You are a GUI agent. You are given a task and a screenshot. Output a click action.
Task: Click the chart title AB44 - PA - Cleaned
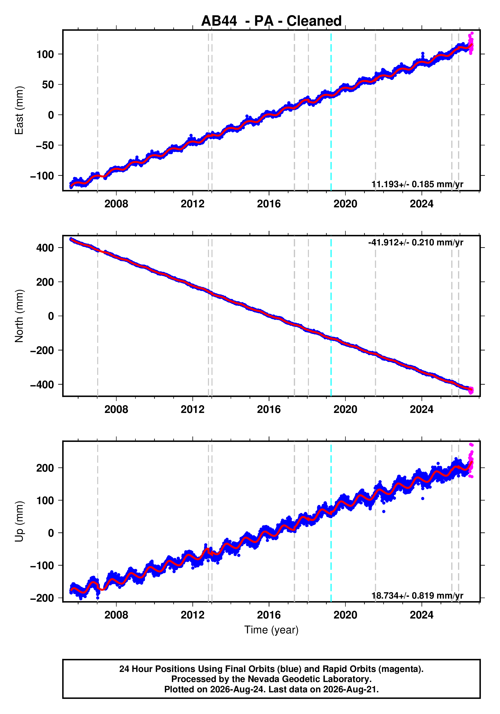(271, 21)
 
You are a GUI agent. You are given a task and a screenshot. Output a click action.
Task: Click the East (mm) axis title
(19, 110)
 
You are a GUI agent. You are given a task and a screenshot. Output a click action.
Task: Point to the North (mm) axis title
(19, 316)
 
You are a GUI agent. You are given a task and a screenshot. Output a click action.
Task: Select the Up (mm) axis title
(19, 522)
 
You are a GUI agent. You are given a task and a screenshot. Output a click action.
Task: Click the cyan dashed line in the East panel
(331, 110)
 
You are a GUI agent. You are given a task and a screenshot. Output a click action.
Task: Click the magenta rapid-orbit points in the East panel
(471, 44)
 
